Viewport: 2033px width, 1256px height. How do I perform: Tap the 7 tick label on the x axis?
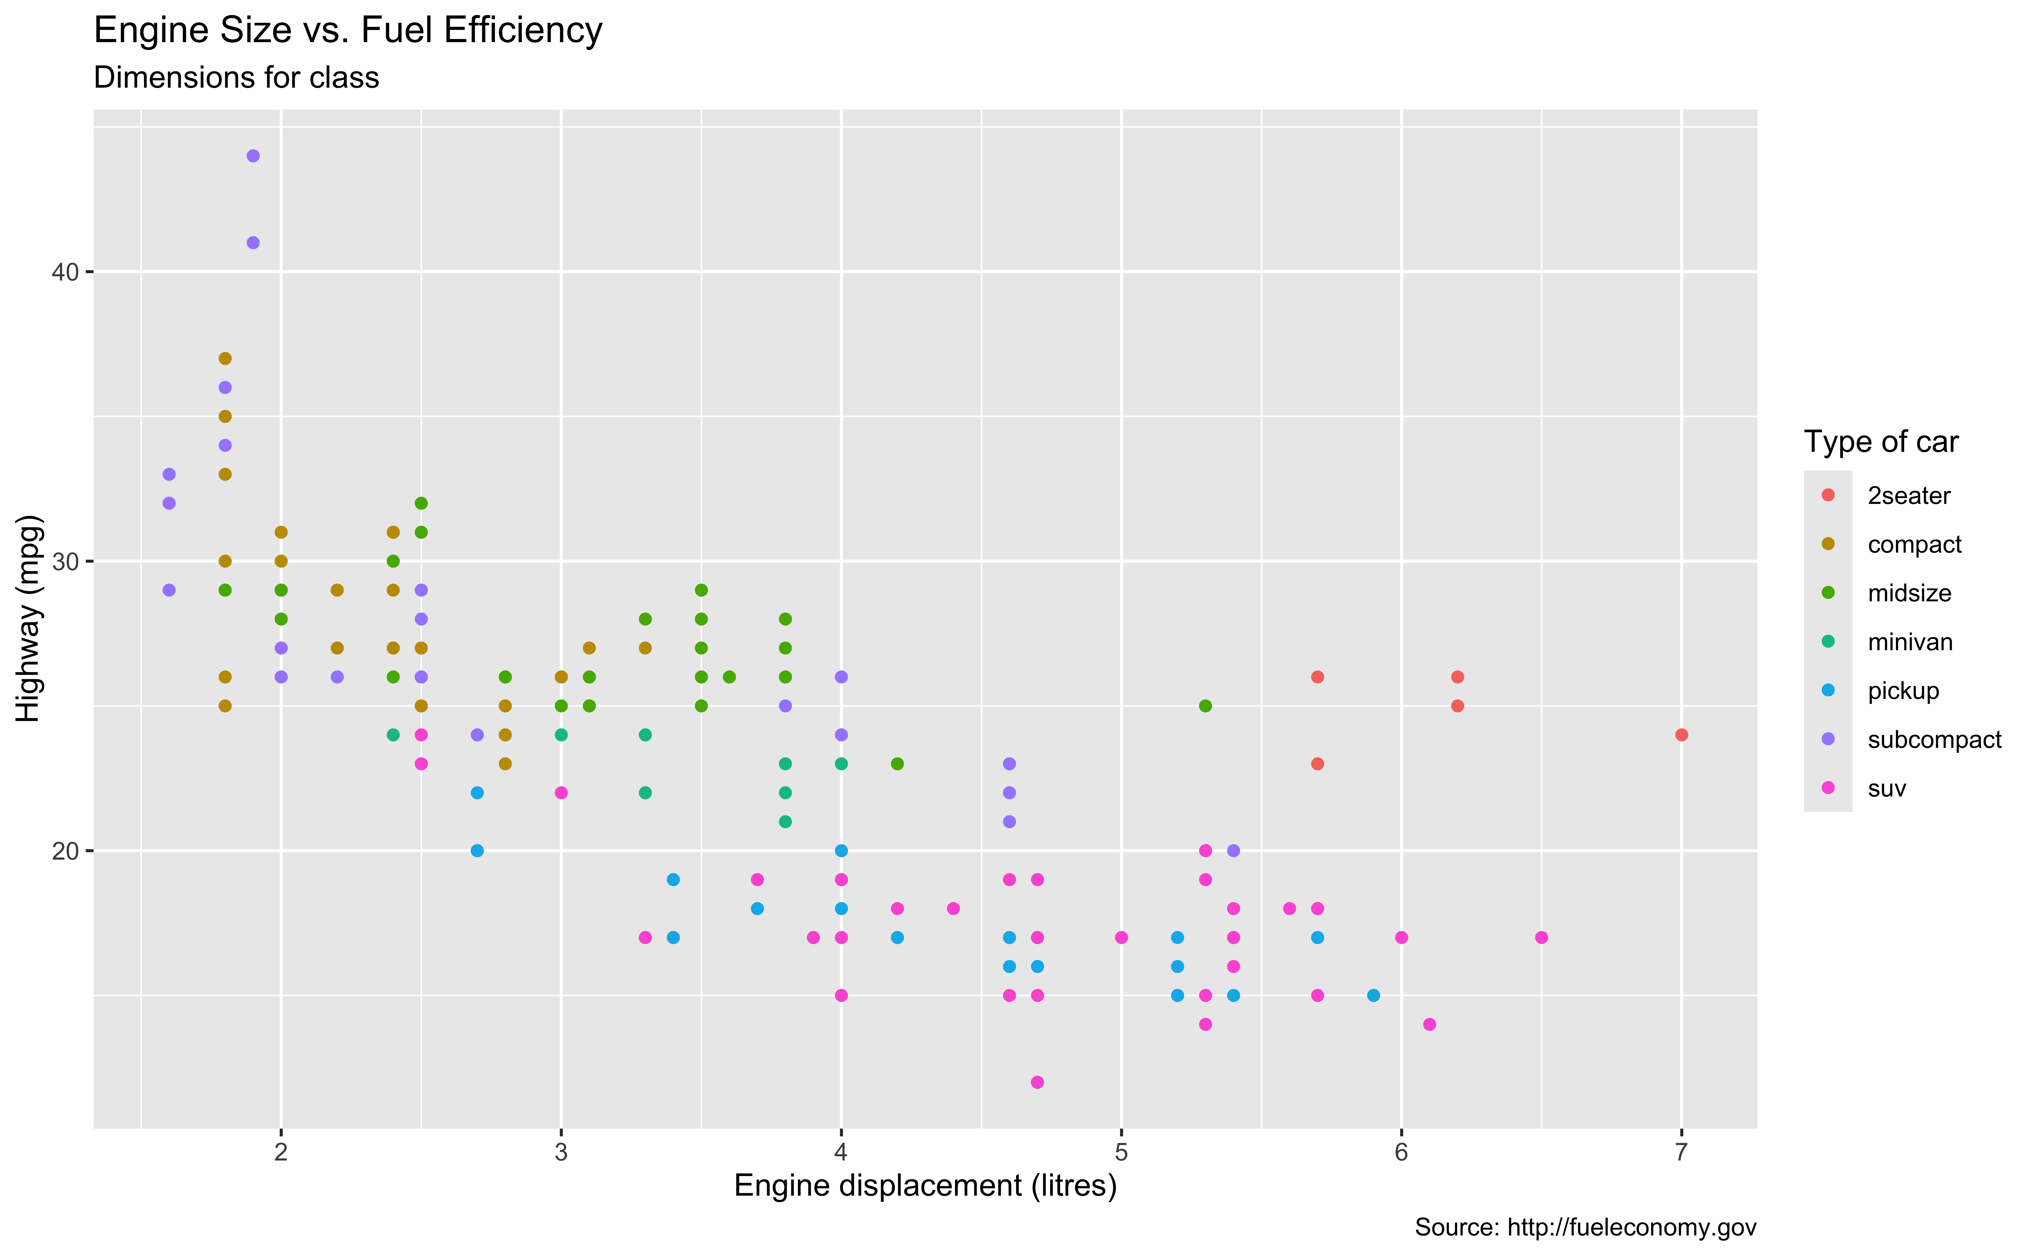(x=1681, y=1152)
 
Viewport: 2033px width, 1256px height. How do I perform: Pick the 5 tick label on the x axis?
(x=1121, y=1152)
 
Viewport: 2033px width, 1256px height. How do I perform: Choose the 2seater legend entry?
(x=1908, y=496)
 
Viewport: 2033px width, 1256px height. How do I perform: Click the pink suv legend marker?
(x=1828, y=787)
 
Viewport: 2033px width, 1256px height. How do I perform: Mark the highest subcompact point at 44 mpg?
(x=253, y=156)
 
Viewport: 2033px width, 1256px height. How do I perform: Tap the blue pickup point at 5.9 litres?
(x=1373, y=995)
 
